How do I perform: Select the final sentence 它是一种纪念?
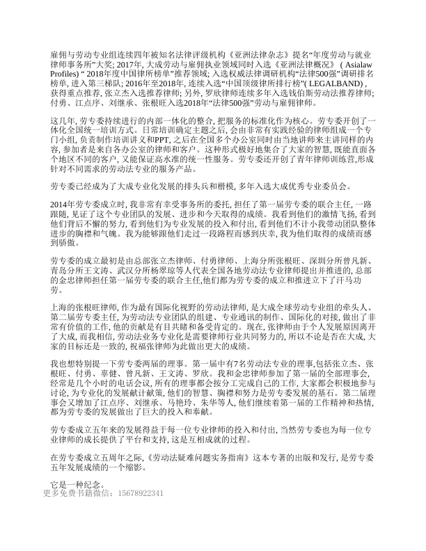[x=75, y=482]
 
